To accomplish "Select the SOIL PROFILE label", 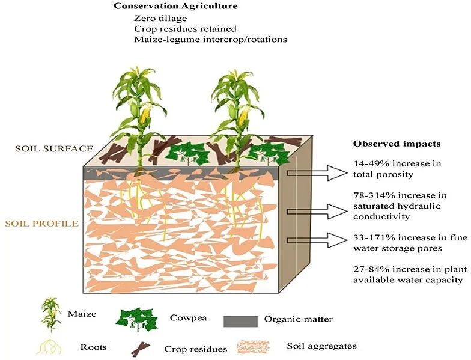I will [42, 224].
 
